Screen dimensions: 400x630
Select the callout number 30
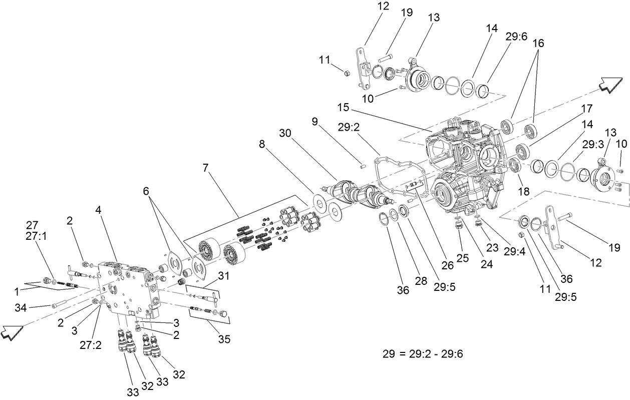click(x=285, y=133)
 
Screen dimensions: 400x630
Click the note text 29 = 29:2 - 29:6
click(x=423, y=354)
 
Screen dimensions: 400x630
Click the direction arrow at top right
click(x=612, y=85)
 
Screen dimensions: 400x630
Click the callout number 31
click(x=223, y=275)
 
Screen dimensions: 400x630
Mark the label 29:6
click(x=515, y=38)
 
